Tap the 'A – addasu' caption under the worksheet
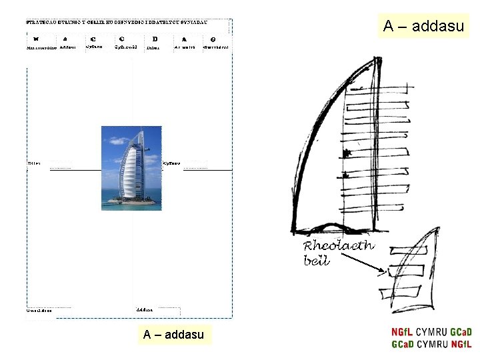(173, 334)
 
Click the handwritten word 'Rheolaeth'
(339, 246)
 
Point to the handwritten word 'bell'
(317, 261)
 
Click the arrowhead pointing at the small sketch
(383, 271)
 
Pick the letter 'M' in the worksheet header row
(35, 39)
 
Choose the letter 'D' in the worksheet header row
(155, 39)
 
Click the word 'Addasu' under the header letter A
(67, 47)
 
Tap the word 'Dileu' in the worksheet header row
(153, 47)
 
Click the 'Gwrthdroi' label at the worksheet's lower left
(39, 310)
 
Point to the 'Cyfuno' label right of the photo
(172, 163)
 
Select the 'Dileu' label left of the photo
(34, 163)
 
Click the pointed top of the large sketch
(375, 60)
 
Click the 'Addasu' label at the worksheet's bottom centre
(145, 310)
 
